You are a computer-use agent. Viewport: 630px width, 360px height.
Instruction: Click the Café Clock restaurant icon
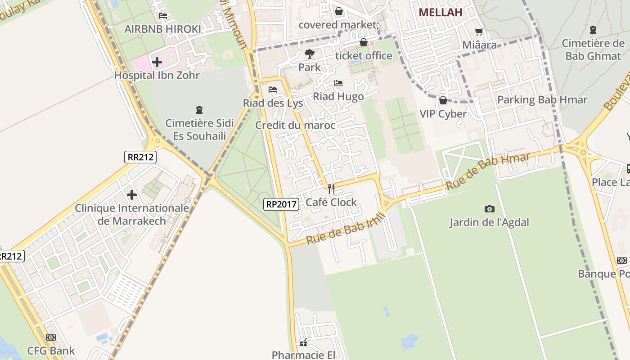click(331, 189)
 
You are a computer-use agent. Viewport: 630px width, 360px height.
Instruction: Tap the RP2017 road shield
click(281, 204)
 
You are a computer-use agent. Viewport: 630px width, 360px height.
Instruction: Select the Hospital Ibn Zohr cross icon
click(157, 62)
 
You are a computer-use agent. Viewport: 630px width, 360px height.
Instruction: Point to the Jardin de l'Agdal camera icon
click(489, 209)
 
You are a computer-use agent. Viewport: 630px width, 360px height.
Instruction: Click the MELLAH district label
click(441, 12)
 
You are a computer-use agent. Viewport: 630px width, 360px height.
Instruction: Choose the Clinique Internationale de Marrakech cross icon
click(131, 195)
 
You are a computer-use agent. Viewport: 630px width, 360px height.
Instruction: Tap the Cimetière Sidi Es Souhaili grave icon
click(199, 109)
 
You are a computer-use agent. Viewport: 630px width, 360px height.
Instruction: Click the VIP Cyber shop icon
click(443, 100)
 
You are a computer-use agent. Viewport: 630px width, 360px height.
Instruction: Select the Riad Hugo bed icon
click(338, 83)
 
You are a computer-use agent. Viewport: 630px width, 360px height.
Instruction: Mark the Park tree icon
click(309, 54)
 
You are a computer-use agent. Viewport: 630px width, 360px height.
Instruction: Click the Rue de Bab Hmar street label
click(488, 171)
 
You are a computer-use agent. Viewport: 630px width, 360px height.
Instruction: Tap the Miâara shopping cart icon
click(479, 31)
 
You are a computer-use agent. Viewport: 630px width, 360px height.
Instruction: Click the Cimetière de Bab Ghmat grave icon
click(593, 30)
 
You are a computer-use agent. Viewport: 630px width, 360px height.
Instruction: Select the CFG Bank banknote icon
click(51, 337)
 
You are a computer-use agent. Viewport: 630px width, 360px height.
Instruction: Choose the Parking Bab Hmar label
click(542, 100)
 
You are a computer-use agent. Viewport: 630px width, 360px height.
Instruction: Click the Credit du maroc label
click(295, 125)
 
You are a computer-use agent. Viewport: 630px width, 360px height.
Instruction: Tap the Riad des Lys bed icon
click(273, 90)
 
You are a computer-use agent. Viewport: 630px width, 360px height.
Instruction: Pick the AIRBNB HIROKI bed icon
click(163, 16)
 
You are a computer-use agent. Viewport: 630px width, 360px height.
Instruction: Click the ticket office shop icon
click(363, 43)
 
